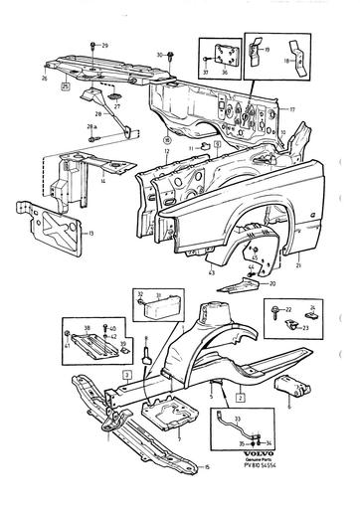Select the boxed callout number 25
point(66,88)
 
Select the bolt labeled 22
point(271,314)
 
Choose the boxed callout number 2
point(241,395)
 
